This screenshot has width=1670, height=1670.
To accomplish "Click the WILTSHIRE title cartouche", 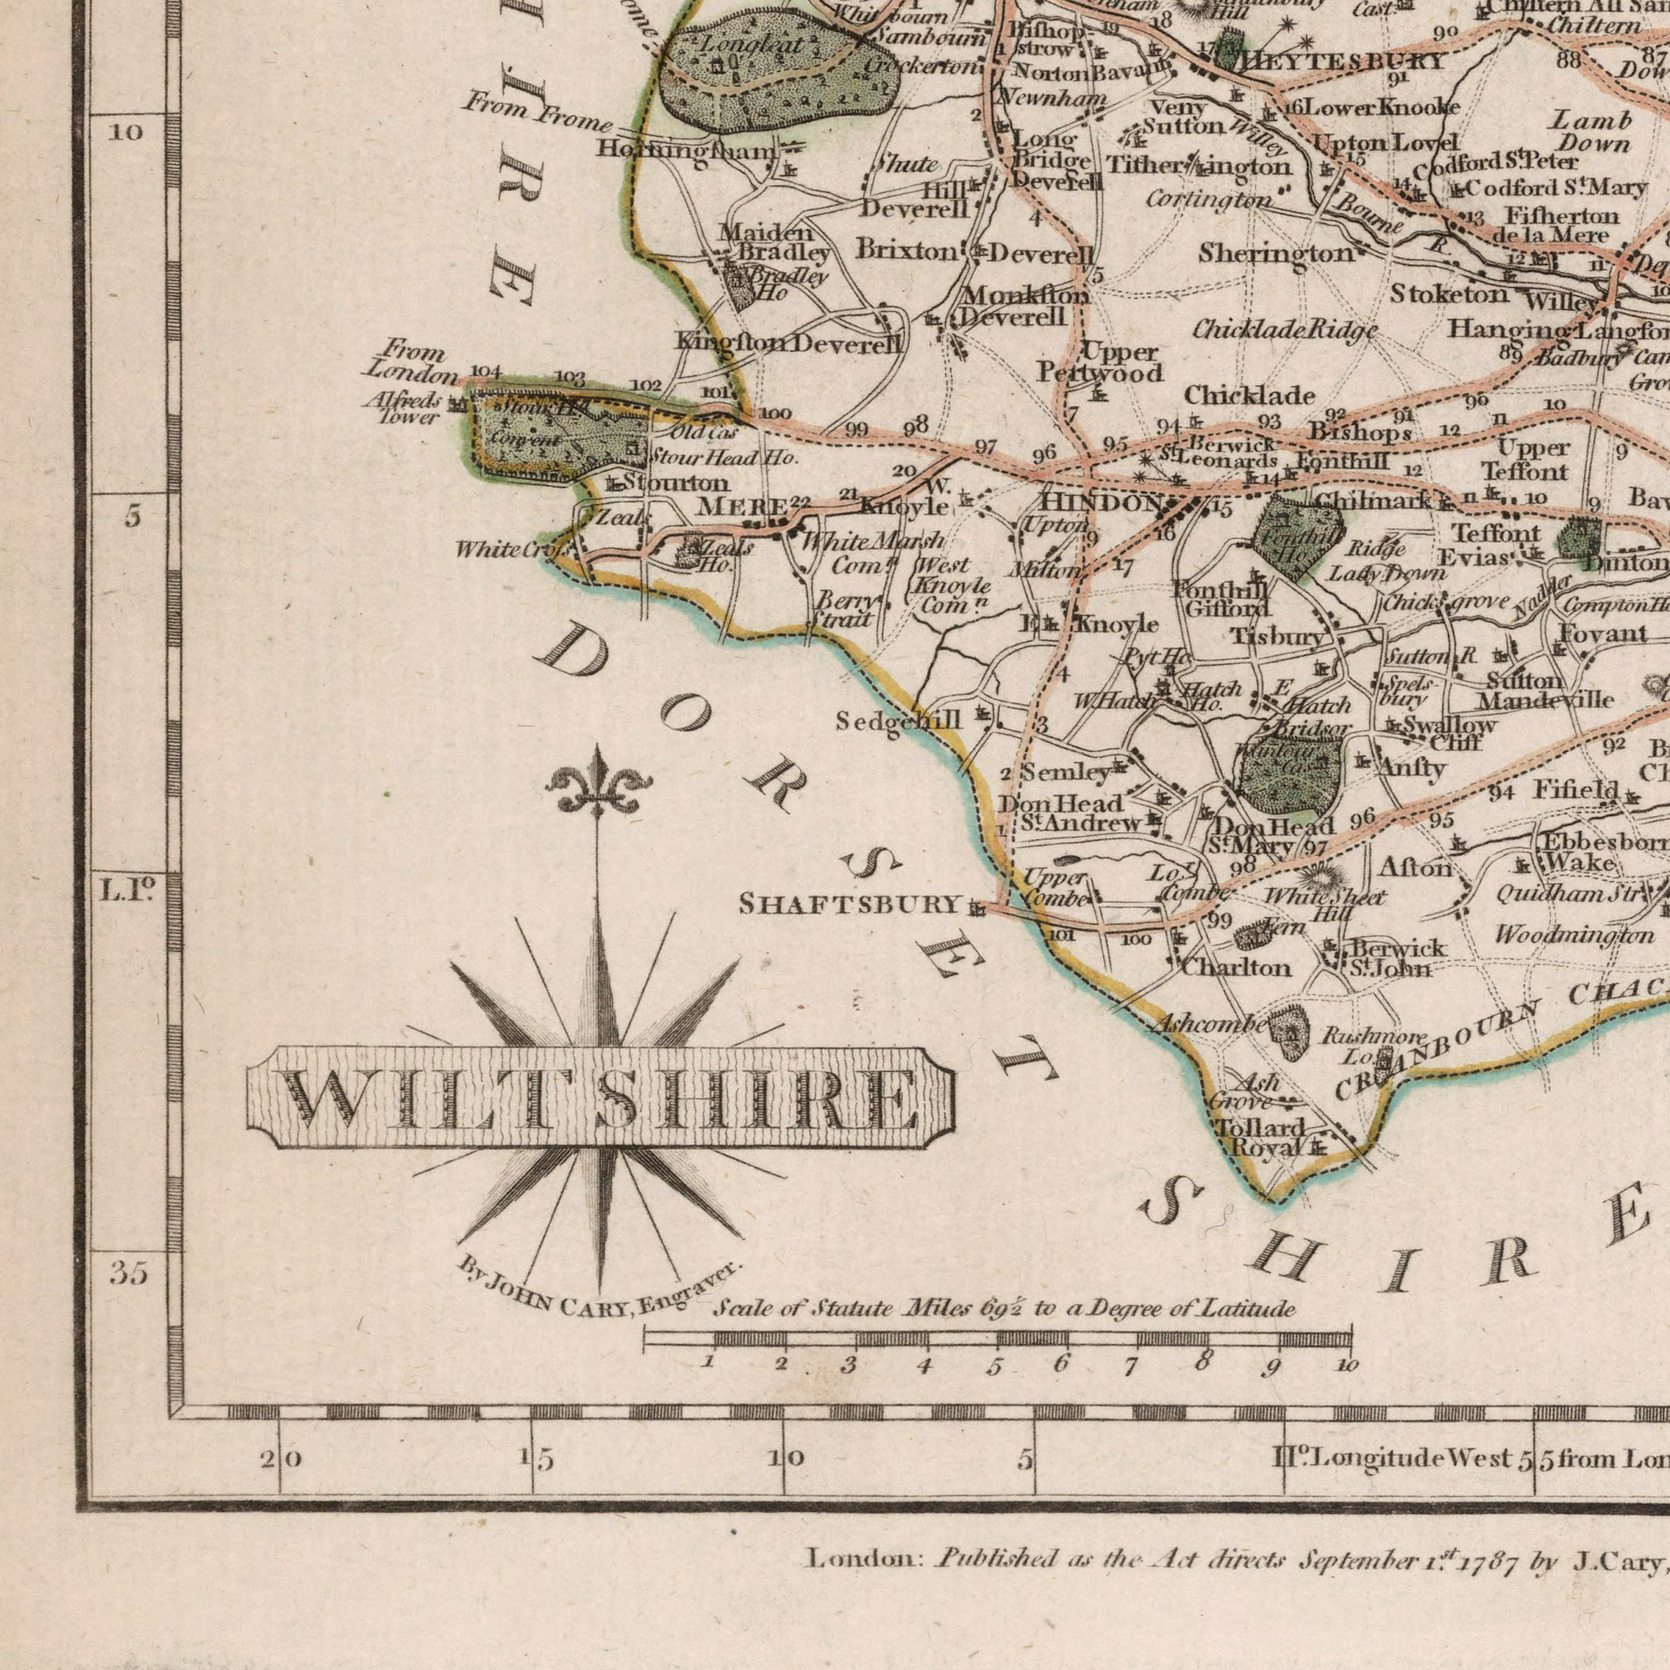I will click(600, 1097).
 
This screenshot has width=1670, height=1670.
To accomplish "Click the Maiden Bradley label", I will click(772, 243).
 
